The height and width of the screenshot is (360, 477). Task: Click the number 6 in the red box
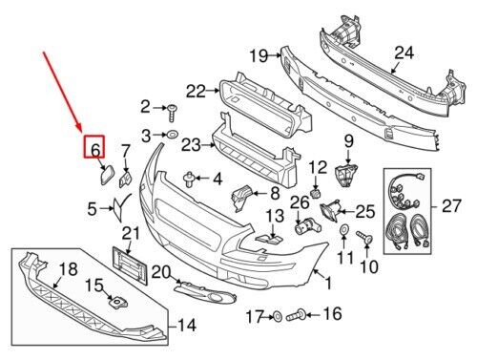95,149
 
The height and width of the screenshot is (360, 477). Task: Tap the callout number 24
404,53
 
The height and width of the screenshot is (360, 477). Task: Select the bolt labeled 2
172,113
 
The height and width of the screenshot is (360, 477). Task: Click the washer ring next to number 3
172,135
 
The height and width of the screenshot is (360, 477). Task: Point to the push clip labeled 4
189,180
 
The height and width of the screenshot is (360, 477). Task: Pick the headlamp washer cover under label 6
106,175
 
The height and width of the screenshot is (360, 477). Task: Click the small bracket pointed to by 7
126,180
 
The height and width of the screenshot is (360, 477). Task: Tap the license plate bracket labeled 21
131,266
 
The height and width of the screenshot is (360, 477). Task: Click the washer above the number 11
344,229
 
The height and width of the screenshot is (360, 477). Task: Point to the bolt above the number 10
364,238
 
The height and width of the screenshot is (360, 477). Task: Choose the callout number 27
451,206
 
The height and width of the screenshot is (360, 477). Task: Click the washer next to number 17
278,317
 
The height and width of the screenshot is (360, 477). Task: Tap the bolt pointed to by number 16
297,315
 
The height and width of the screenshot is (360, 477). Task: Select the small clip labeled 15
117,303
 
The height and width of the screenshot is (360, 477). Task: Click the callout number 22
196,92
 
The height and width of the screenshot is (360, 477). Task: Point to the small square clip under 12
316,193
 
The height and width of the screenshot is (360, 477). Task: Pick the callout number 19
259,56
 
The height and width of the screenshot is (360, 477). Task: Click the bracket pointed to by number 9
346,176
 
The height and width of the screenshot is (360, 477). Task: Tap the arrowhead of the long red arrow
80,129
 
